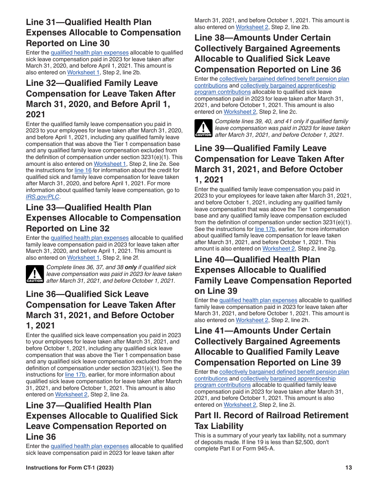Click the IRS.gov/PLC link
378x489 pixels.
coord(43,197)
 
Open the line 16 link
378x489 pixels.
coord(83,170)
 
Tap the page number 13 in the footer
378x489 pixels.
coord(349,468)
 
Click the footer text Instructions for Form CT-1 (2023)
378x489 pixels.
coord(70,468)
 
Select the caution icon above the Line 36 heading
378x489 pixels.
coord(35,274)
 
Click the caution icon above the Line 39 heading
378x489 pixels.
coord(203,128)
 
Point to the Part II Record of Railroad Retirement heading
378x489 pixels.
coord(271,421)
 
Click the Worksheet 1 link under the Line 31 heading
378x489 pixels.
coord(83,72)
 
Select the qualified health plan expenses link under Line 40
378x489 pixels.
coord(258,301)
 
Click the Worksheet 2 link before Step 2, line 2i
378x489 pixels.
coord(240,405)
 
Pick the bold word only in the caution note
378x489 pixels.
coord(131,268)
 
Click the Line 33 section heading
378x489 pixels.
coord(103,218)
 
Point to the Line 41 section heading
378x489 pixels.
coord(267,347)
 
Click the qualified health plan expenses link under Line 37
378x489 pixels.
coord(90,446)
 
